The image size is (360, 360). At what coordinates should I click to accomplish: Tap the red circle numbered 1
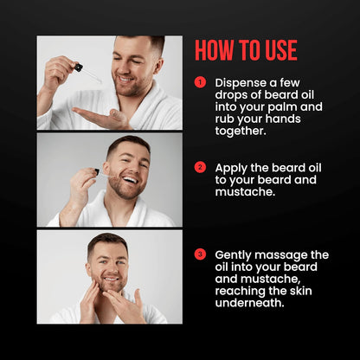200,82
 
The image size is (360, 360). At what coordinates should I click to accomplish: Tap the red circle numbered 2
200,167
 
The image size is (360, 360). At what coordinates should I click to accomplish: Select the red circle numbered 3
200,254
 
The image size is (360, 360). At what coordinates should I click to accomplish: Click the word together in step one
244,132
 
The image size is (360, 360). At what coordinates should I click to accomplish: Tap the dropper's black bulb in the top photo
78,67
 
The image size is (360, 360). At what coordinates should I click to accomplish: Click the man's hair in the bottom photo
107,241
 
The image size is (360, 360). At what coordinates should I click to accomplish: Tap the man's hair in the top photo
144,43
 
